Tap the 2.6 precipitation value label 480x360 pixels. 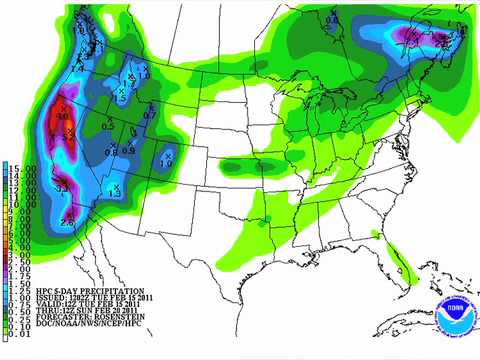tap(67, 221)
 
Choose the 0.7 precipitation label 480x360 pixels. tap(150, 116)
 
